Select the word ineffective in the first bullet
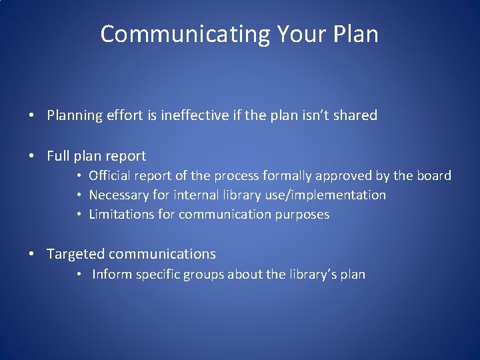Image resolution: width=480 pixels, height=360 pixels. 197,115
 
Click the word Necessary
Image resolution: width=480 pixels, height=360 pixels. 118,195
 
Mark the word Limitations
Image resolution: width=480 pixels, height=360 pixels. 121,215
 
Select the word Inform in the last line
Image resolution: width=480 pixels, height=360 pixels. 112,274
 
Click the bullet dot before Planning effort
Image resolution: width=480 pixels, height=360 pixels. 32,116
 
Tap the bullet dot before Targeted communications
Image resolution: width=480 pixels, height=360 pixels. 32,255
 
